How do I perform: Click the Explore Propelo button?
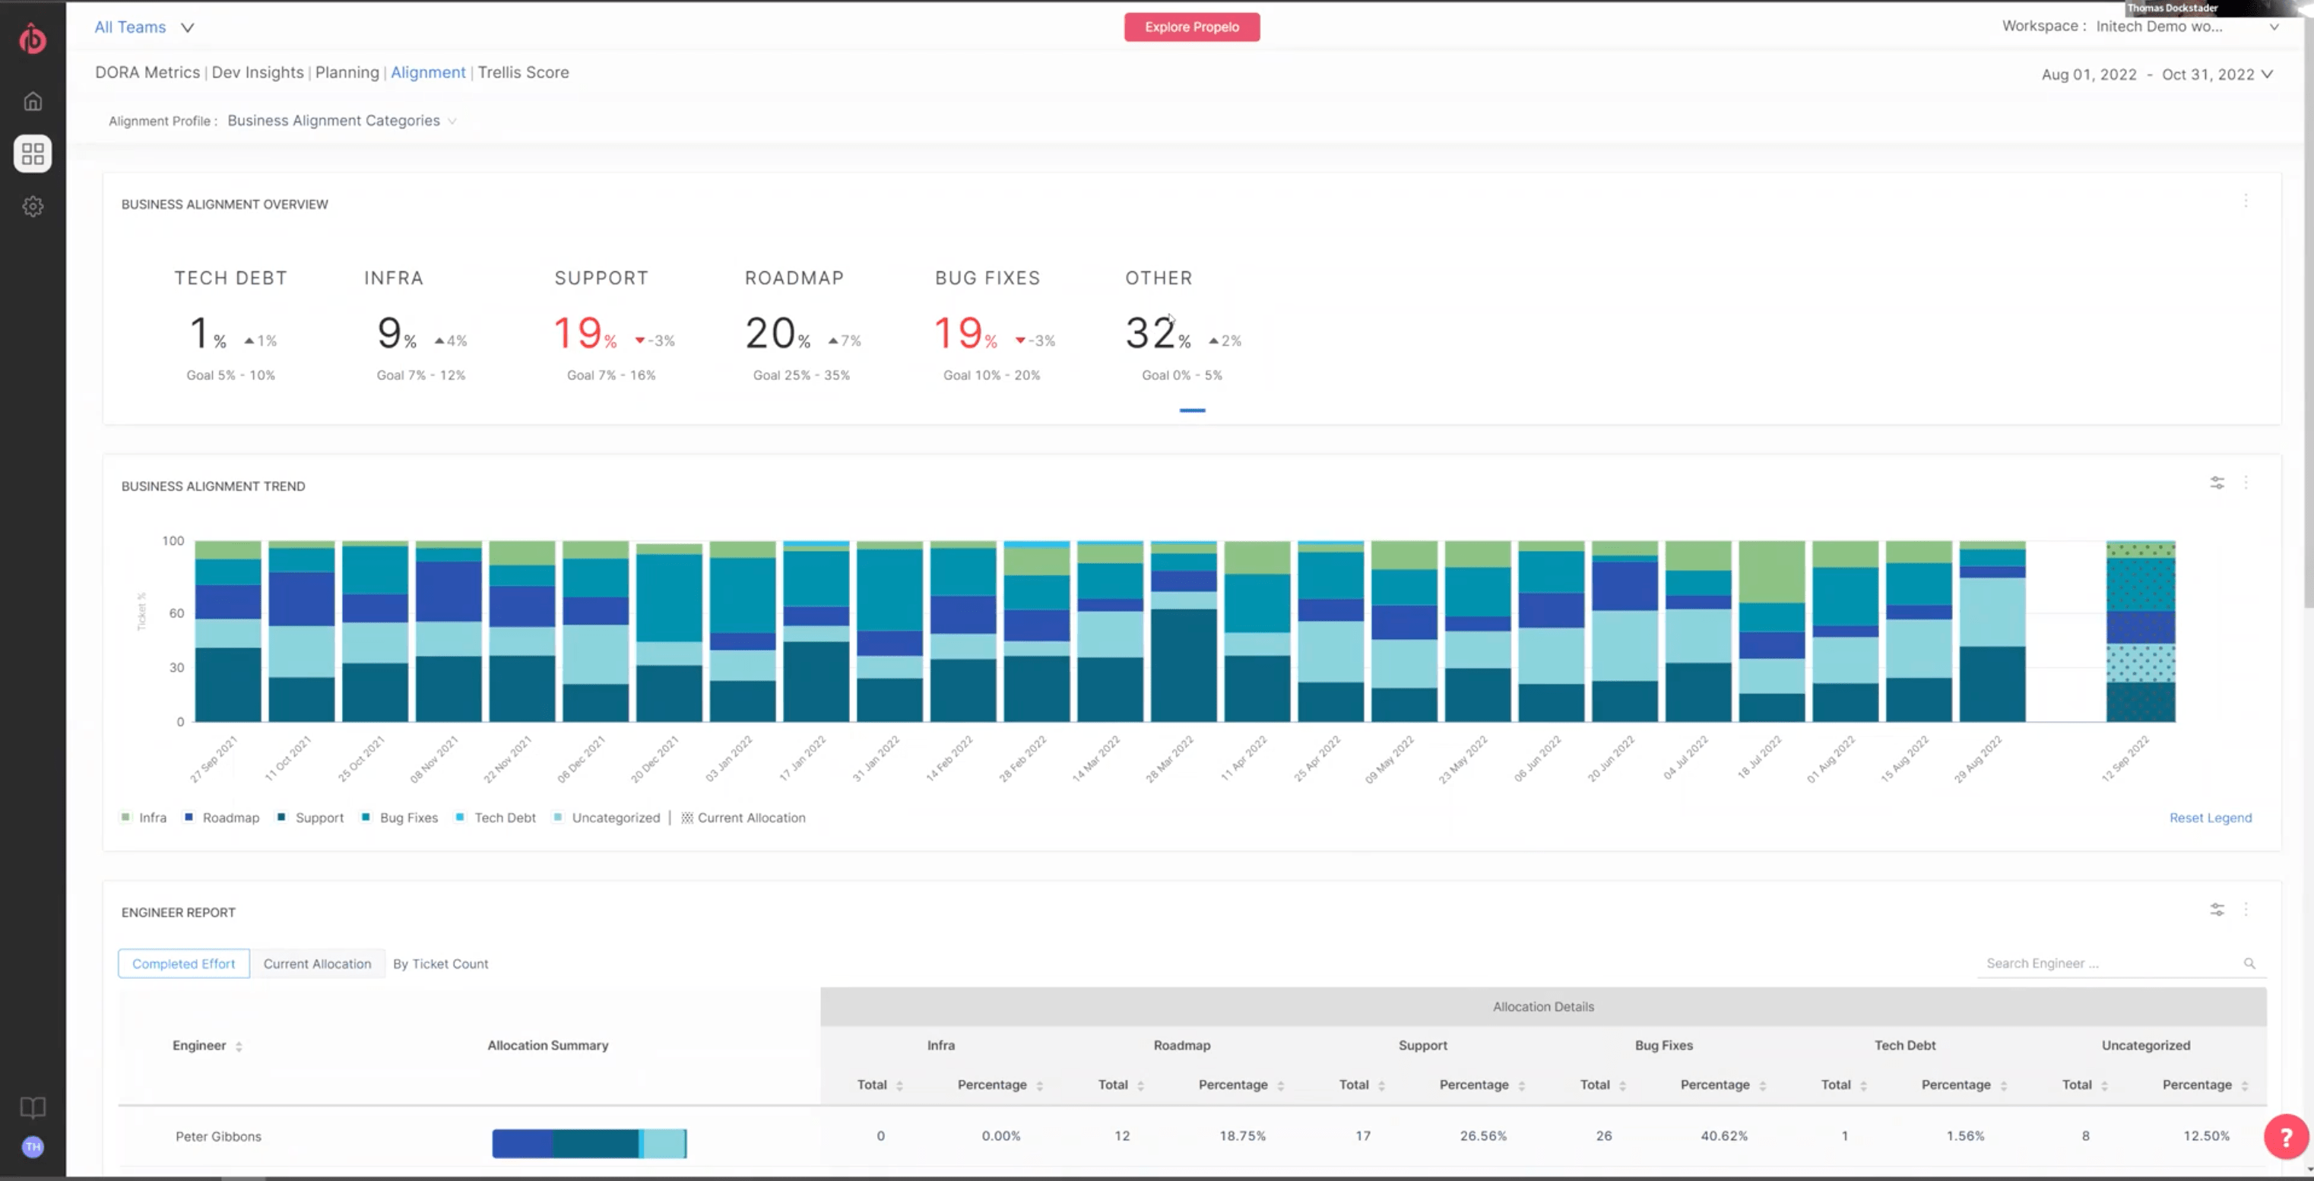click(x=1191, y=27)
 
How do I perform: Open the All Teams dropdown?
click(x=144, y=27)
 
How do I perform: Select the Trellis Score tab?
click(x=523, y=73)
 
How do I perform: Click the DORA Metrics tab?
click(x=147, y=73)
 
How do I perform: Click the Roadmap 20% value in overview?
click(x=771, y=333)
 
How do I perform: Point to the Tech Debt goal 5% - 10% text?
click(x=231, y=375)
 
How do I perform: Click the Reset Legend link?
click(x=2210, y=817)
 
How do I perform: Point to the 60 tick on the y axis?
click(x=176, y=613)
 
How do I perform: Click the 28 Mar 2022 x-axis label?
click(x=1170, y=759)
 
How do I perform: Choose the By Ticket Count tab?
click(x=440, y=964)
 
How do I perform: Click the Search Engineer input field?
click(x=2111, y=964)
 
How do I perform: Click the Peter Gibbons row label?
click(x=218, y=1137)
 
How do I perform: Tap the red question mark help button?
click(x=2285, y=1137)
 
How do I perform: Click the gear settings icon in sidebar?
click(x=33, y=207)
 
